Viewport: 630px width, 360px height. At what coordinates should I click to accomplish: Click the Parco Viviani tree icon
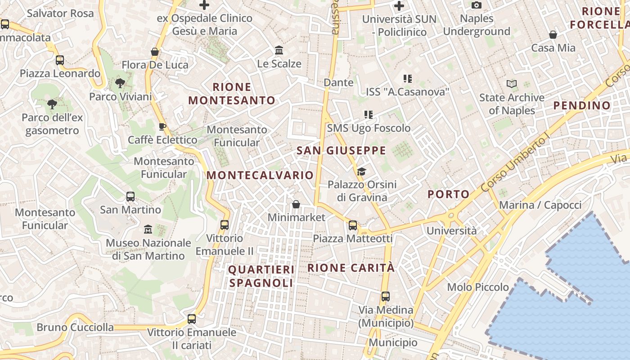(x=120, y=83)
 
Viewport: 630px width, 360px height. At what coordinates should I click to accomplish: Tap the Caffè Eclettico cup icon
(x=162, y=126)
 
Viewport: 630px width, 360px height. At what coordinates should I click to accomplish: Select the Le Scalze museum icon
(x=279, y=50)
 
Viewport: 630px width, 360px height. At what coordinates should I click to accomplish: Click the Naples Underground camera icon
(x=477, y=5)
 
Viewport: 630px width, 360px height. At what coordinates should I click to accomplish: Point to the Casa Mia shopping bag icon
(x=553, y=35)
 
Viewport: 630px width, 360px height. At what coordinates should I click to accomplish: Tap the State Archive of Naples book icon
(x=511, y=84)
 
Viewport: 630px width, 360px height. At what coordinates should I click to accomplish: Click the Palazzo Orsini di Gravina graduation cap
(x=361, y=171)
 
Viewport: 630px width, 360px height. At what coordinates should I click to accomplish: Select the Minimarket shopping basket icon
(x=296, y=204)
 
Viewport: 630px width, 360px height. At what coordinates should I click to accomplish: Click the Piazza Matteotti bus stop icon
(x=353, y=225)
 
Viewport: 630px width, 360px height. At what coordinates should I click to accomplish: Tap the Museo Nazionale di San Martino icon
(x=148, y=229)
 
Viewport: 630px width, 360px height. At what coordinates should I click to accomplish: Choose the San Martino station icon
(x=130, y=197)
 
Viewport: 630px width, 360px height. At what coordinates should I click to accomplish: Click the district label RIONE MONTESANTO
(x=232, y=94)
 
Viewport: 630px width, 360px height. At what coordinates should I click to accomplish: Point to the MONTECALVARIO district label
(x=260, y=175)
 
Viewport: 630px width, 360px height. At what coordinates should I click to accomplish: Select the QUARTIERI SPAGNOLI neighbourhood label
(x=261, y=276)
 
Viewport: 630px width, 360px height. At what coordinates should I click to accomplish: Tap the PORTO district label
(x=448, y=194)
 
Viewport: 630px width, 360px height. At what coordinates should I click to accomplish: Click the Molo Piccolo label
(x=477, y=287)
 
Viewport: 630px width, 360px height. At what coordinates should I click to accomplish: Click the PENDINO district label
(x=582, y=106)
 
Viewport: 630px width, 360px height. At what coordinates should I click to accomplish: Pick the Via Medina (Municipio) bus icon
(x=386, y=297)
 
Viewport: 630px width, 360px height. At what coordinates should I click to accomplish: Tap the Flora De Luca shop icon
(x=155, y=52)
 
